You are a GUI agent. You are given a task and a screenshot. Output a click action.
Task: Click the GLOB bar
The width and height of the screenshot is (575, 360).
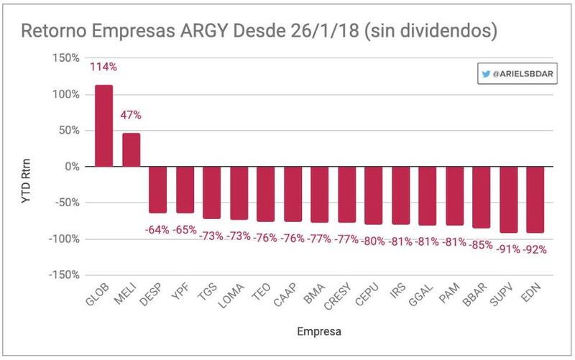104,126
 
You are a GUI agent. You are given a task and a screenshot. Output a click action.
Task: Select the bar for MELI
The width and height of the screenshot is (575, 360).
131,149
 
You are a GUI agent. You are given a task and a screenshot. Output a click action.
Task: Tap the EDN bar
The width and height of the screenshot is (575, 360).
535,200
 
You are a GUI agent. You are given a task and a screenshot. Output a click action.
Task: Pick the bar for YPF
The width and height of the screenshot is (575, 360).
185,190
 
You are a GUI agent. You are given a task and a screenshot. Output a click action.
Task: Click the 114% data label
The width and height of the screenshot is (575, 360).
103,68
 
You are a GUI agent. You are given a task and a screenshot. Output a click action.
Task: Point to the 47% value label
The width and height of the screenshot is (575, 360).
131,115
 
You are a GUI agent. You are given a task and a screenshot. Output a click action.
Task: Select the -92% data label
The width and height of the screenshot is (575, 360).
535,250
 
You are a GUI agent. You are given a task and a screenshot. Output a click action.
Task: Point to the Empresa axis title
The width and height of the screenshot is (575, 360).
319,332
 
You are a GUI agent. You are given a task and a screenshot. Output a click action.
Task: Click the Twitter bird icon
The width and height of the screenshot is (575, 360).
487,74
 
